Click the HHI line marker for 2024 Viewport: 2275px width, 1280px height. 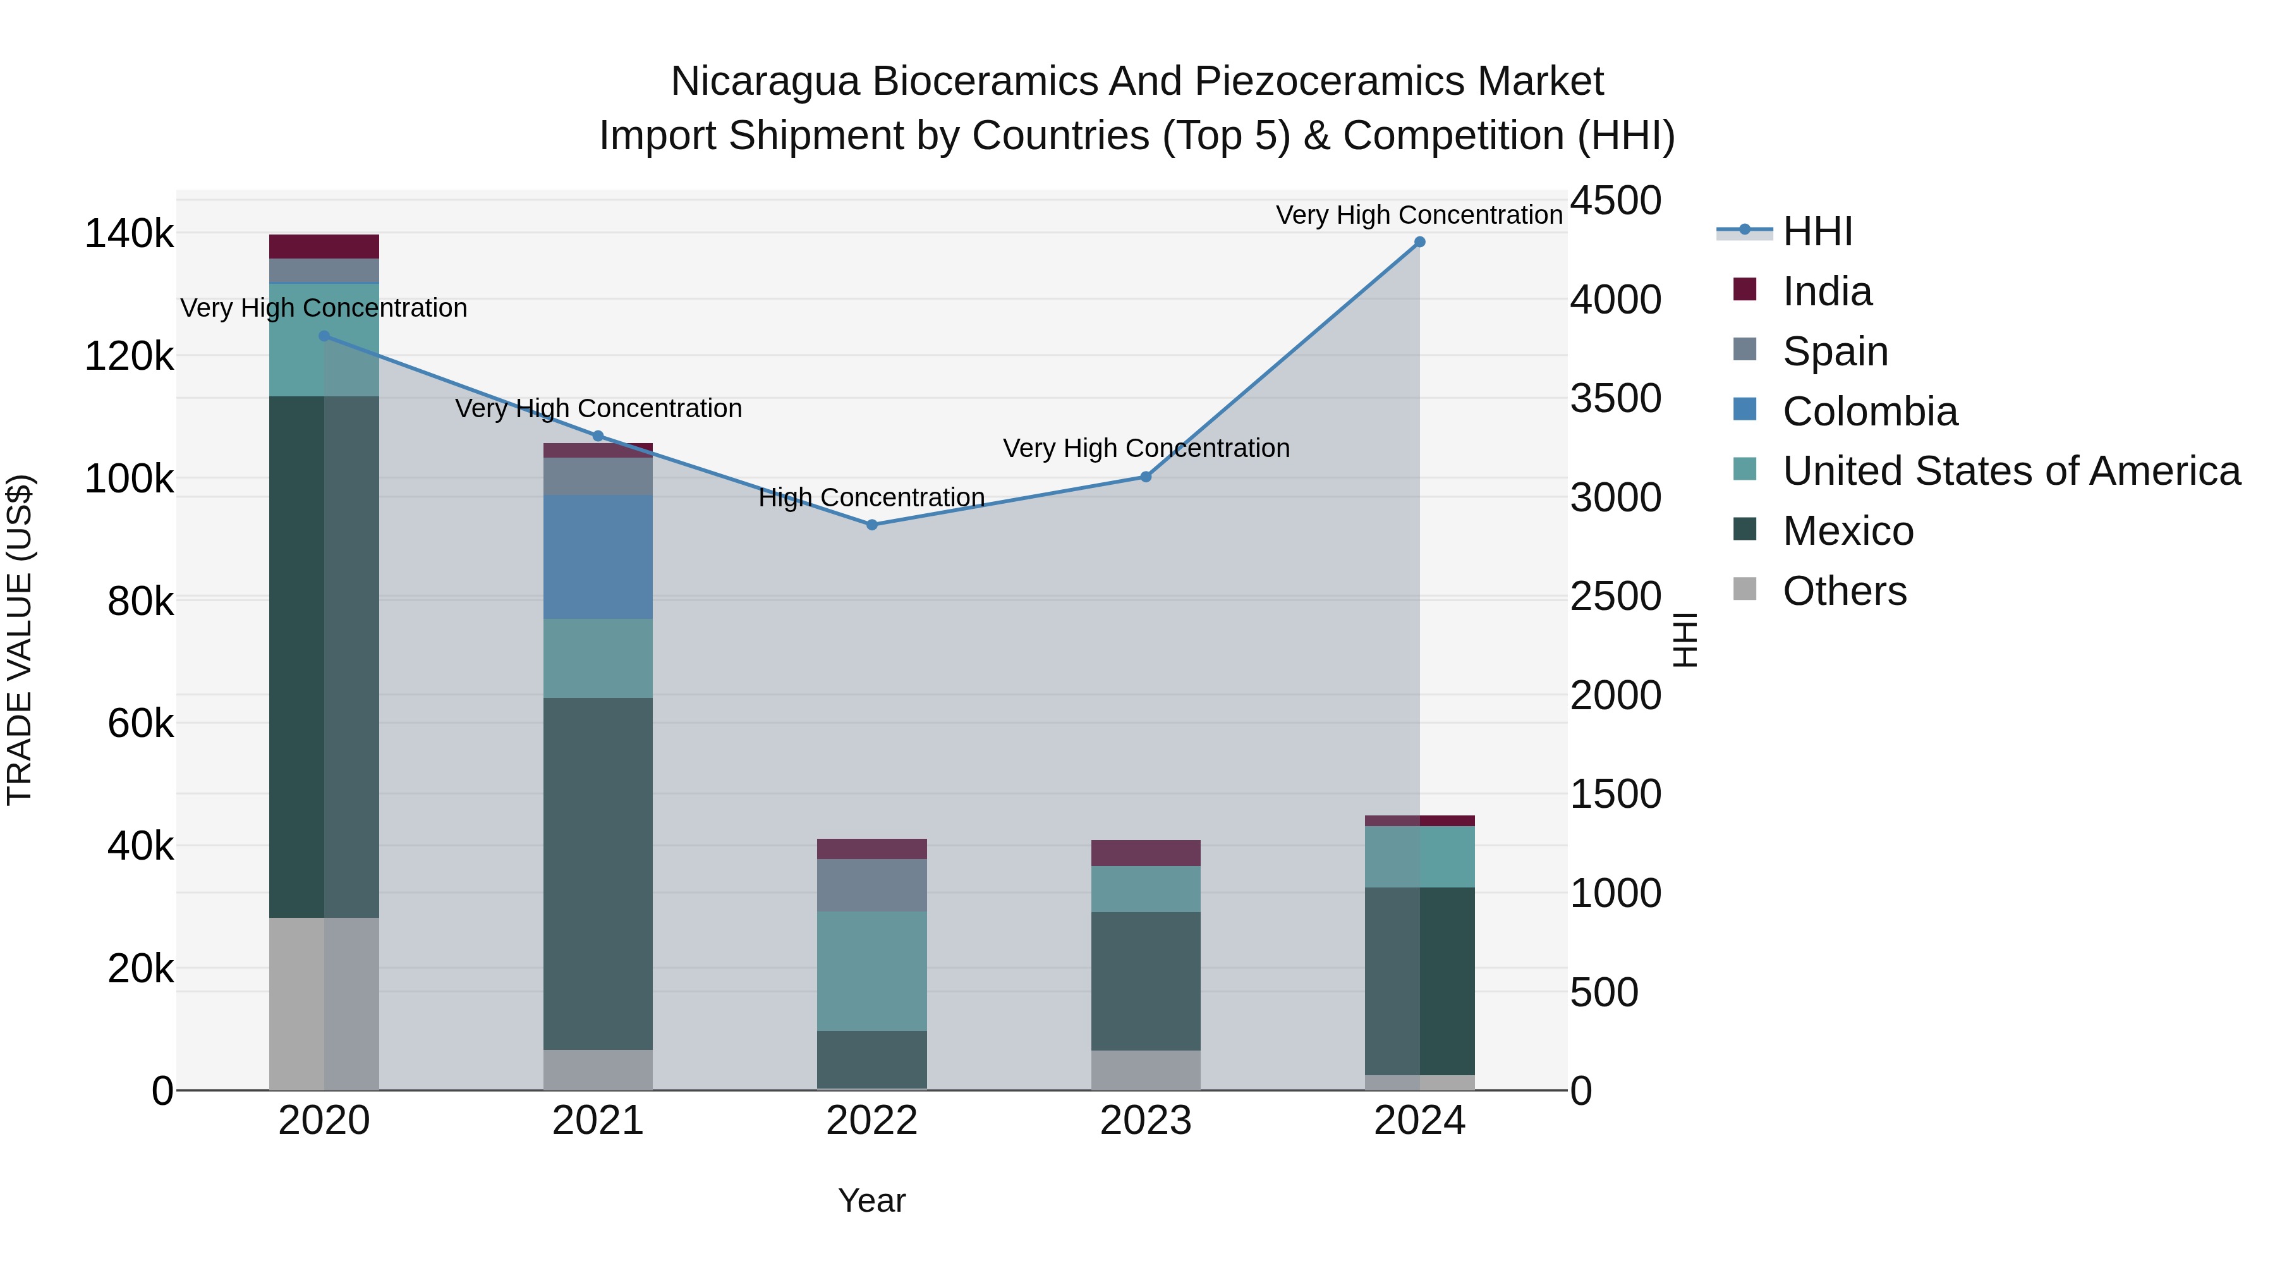tap(1419, 242)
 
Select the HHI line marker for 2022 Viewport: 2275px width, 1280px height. tap(871, 525)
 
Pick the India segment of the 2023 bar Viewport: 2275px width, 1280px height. tap(1146, 853)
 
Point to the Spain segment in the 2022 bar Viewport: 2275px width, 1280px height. tap(871, 885)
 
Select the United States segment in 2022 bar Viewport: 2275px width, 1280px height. tap(871, 971)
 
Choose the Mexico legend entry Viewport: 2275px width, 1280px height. tap(1848, 531)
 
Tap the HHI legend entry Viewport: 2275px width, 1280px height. tap(1817, 231)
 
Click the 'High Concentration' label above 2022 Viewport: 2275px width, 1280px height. tap(871, 497)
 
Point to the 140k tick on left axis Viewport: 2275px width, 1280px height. tap(129, 234)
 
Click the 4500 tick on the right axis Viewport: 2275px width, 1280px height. tap(1615, 200)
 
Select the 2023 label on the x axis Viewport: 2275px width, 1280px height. tap(1146, 1121)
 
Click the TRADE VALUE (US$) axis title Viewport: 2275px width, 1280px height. tap(20, 640)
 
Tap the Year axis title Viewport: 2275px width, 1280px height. tap(871, 1200)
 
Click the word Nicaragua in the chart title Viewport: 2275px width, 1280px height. tap(764, 82)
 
